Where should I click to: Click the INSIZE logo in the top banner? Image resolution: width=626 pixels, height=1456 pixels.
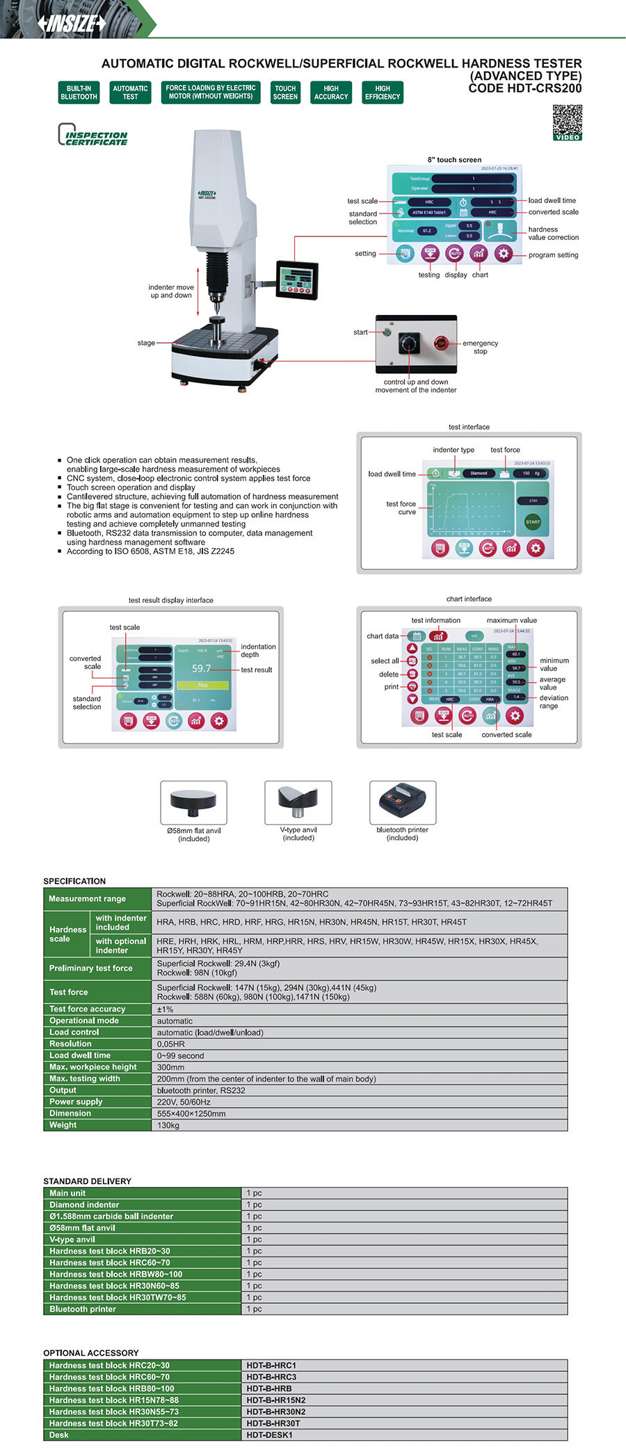(x=72, y=23)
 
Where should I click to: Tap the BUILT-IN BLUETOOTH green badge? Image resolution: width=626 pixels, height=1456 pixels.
(x=79, y=92)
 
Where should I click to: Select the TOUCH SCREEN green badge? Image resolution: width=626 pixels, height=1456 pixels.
(x=285, y=92)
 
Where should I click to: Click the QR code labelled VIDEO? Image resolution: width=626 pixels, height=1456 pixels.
(x=567, y=122)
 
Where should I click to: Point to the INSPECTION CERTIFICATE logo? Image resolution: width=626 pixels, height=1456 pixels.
(x=93, y=135)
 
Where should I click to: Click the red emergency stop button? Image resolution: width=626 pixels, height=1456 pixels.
(x=440, y=342)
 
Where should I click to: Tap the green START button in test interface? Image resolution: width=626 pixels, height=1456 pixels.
(x=533, y=521)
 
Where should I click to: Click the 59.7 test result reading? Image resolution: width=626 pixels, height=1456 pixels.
(x=202, y=669)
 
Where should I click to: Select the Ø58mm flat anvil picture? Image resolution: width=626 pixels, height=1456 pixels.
(x=193, y=802)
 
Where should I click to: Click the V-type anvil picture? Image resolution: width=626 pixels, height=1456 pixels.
(x=298, y=802)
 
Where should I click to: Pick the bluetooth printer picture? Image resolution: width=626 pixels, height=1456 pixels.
(x=403, y=802)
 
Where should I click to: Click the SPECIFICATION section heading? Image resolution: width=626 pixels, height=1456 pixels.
(x=74, y=881)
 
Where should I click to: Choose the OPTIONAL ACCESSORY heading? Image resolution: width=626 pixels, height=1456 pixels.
(x=91, y=1353)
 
